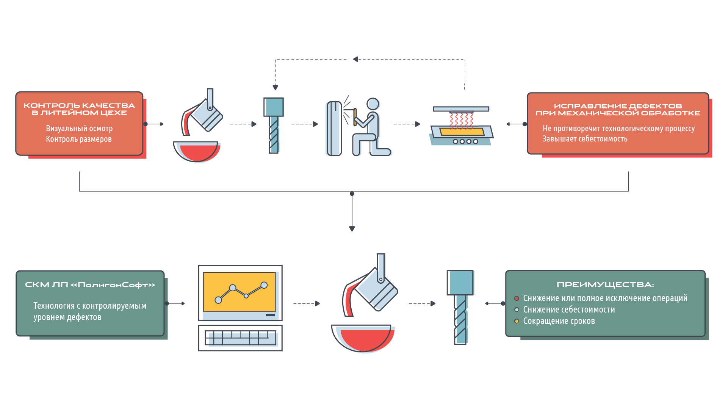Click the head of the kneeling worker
373,104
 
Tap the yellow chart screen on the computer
239,292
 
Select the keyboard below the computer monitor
240,338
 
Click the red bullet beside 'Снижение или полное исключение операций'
517,298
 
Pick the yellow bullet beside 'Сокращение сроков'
517,321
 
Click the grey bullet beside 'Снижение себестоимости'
517,310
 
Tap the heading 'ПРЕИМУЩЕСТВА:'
605,285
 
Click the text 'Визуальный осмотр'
79,129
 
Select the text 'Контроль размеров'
79,139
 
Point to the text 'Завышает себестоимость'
585,139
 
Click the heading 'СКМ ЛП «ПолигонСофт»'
90,285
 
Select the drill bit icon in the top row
274,125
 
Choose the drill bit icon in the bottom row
460,307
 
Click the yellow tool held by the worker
355,116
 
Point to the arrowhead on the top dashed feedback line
355,59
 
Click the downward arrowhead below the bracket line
352,229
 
